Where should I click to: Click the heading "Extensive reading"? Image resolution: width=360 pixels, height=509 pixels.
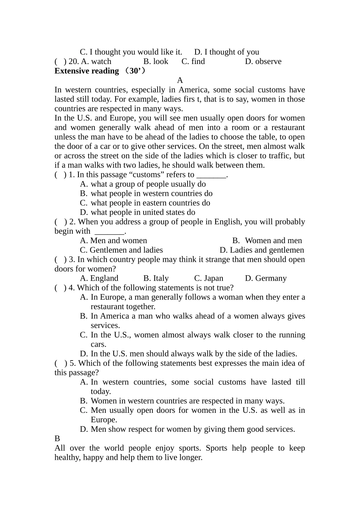(x=86, y=71)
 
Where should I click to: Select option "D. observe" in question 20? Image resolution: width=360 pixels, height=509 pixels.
(x=263, y=61)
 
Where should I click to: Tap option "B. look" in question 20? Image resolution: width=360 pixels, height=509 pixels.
(x=156, y=61)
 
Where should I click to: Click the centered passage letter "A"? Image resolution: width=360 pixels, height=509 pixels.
(x=180, y=80)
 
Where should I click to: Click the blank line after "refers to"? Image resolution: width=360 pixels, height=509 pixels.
(x=211, y=175)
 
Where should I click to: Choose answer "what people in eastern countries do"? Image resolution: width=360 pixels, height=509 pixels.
(x=150, y=203)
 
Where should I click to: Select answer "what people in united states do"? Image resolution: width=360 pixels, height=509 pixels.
(x=143, y=212)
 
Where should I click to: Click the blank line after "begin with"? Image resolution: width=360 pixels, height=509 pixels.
(x=109, y=231)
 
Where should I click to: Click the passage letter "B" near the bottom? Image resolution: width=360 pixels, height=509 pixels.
(x=57, y=439)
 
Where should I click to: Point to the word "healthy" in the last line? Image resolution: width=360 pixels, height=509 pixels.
(x=67, y=457)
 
